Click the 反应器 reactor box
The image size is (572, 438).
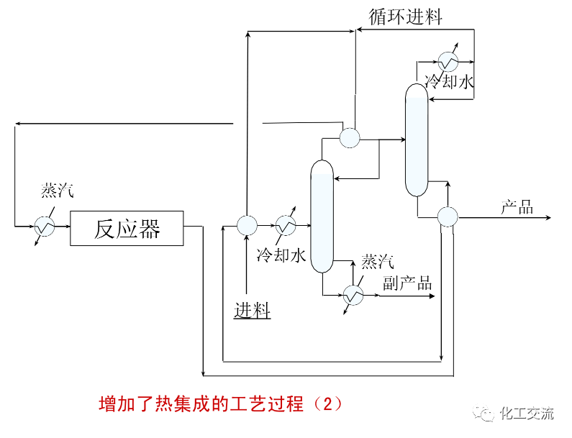pyautogui.click(x=127, y=229)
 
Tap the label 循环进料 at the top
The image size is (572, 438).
pyautogui.click(x=405, y=17)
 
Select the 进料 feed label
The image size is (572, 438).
pyautogui.click(x=252, y=310)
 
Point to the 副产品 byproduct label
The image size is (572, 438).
pyautogui.click(x=407, y=283)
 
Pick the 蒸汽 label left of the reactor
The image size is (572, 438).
pyautogui.click(x=58, y=191)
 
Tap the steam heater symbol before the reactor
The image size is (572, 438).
pyautogui.click(x=45, y=227)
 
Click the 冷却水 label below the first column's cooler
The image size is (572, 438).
pyautogui.click(x=281, y=255)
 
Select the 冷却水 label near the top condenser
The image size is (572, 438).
pyautogui.click(x=449, y=82)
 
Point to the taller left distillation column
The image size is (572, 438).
pyautogui.click(x=322, y=216)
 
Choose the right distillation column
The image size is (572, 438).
pyautogui.click(x=416, y=140)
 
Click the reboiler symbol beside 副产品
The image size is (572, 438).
pyautogui.click(x=353, y=295)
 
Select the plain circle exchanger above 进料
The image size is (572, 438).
pyautogui.click(x=247, y=226)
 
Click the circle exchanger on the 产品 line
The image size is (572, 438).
pyautogui.click(x=448, y=216)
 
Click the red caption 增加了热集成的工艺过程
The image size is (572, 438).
pyautogui.click(x=220, y=403)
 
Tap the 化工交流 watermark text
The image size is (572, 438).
pyautogui.click(x=527, y=414)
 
